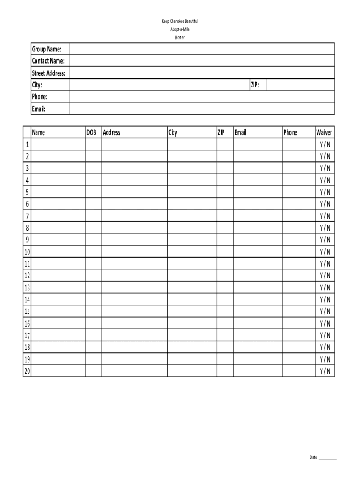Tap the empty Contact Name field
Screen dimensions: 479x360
(x=202, y=61)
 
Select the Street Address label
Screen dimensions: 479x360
(x=49, y=73)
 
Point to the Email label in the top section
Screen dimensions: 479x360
(x=38, y=109)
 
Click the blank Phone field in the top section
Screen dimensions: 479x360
(x=202, y=97)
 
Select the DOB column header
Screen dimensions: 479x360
(x=91, y=132)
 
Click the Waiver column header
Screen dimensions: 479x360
(x=324, y=132)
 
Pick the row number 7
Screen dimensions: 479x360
(x=27, y=216)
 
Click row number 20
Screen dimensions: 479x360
(x=27, y=371)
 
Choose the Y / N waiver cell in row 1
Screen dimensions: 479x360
(x=325, y=145)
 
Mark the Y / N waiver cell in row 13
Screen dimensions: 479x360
(x=325, y=288)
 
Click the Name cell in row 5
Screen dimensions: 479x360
(x=58, y=192)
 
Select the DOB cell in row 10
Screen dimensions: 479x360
(x=94, y=252)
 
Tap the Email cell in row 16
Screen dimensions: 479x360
(x=258, y=323)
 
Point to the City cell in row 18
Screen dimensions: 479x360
(x=192, y=347)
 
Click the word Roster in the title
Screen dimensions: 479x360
(x=180, y=37)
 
